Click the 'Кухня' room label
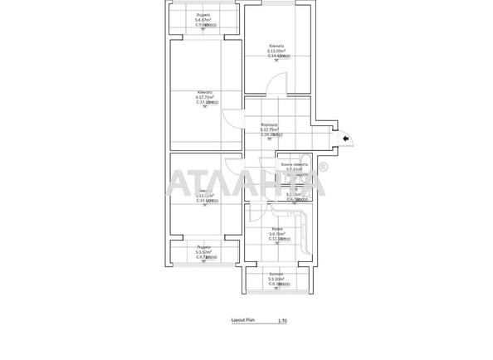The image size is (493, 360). (277, 228)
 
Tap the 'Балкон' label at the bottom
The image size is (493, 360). (277, 273)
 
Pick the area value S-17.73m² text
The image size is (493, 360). (205, 97)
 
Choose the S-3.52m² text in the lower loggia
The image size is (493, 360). (203, 251)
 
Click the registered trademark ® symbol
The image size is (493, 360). (322, 168)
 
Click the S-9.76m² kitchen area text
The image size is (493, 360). (277, 234)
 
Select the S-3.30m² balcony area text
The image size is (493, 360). (277, 279)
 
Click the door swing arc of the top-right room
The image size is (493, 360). (279, 84)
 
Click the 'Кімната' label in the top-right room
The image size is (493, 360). (276, 46)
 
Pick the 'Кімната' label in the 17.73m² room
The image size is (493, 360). (205, 92)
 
